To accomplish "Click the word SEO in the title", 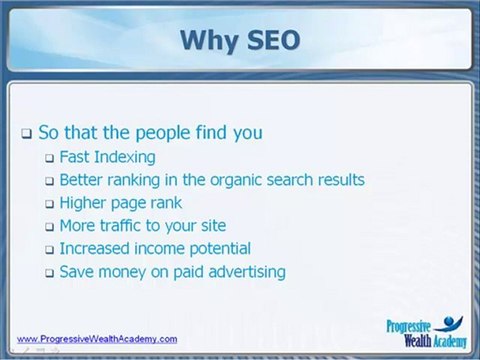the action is click(x=273, y=40).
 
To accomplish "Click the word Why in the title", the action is click(x=208, y=41).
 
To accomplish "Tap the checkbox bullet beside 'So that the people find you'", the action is click(x=27, y=134).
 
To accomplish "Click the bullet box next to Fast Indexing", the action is click(x=50, y=158).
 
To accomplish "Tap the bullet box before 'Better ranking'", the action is click(x=50, y=181).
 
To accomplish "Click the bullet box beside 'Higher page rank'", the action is click(x=50, y=204).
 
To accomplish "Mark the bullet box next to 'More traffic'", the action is click(x=50, y=227).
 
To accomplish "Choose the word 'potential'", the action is click(x=220, y=249).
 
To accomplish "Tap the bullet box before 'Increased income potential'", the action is click(x=50, y=250).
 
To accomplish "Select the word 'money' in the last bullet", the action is click(x=122, y=273).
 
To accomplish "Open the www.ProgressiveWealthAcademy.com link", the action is click(x=97, y=339).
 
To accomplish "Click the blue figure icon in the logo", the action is click(x=450, y=323).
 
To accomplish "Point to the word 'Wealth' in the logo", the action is click(x=418, y=341).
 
